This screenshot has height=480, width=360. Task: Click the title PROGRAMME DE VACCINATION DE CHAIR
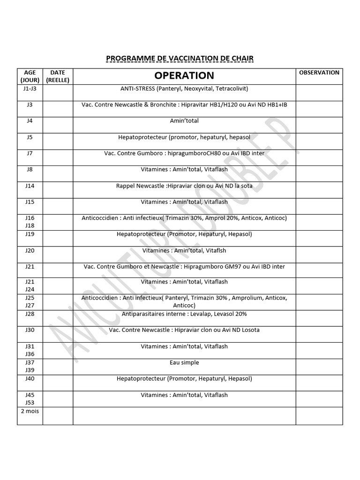180,59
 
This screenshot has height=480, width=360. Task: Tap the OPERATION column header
184,75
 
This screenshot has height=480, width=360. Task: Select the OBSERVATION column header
319,73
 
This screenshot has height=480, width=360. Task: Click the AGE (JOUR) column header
30,76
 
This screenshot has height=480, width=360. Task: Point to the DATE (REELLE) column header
58,76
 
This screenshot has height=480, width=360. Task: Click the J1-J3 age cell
30,89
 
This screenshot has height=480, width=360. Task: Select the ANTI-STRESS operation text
184,89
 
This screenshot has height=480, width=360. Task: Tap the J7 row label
30,153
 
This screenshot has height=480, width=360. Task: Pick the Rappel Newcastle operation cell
184,186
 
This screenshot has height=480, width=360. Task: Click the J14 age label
30,186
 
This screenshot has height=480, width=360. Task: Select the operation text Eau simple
184,362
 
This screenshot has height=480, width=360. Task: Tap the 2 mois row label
30,411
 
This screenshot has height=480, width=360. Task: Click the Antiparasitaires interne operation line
184,314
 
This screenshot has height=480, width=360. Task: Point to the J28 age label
30,314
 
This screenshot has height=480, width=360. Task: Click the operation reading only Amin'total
184,121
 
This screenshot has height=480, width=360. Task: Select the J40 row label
30,379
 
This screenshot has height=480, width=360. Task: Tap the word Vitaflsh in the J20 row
216,250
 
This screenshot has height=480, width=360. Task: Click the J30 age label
30,330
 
